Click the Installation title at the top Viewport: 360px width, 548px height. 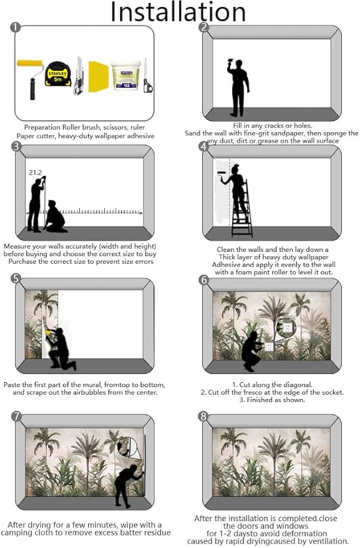coord(178,12)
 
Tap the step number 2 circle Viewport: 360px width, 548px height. coord(203,27)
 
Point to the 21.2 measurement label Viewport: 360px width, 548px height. coord(35,171)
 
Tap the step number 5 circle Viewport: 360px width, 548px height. coord(16,278)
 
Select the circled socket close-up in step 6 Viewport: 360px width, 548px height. coord(286,327)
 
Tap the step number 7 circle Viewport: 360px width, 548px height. coord(16,416)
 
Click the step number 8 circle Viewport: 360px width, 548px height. coord(203,416)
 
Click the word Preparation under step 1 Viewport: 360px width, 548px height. coord(46,127)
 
